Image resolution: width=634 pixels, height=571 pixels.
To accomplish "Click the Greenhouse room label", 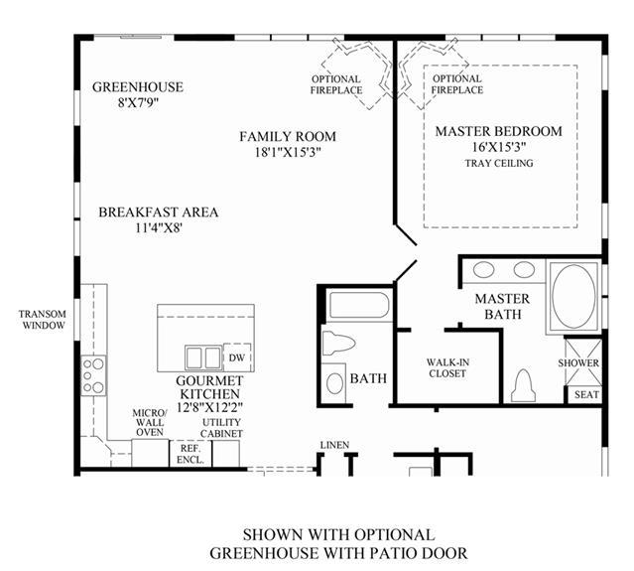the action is (x=138, y=87).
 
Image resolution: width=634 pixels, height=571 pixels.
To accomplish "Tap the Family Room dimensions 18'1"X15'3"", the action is (x=288, y=152).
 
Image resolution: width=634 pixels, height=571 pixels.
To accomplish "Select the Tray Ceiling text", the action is (x=499, y=163).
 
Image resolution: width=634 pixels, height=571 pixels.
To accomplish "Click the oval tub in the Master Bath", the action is (x=573, y=296).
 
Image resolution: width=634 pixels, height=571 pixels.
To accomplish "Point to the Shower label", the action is (x=578, y=363).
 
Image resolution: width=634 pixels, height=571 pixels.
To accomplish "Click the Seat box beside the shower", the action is (x=585, y=394).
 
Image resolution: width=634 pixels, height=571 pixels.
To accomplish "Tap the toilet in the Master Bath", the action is (x=523, y=385).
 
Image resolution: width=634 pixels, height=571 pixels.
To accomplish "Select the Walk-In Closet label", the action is (x=447, y=367).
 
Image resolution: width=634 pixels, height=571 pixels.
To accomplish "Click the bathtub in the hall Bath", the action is (x=359, y=306).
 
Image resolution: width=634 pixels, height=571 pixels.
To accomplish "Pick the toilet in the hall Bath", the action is (x=338, y=344).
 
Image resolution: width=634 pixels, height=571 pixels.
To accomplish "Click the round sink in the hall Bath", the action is (x=334, y=383).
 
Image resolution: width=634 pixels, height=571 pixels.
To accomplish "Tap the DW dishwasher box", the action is (x=237, y=357).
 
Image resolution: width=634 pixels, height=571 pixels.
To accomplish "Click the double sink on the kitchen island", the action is (x=203, y=357).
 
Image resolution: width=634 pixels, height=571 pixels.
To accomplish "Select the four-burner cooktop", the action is (x=94, y=375).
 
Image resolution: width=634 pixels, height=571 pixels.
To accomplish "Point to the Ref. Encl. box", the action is (x=190, y=454).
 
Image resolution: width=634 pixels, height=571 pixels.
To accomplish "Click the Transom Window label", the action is (x=44, y=320).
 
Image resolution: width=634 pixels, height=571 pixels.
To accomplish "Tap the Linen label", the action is (x=334, y=445).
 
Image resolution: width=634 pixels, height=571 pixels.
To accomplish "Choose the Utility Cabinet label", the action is (x=221, y=428).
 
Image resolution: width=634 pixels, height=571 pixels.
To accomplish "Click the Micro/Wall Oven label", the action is (x=150, y=422).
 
